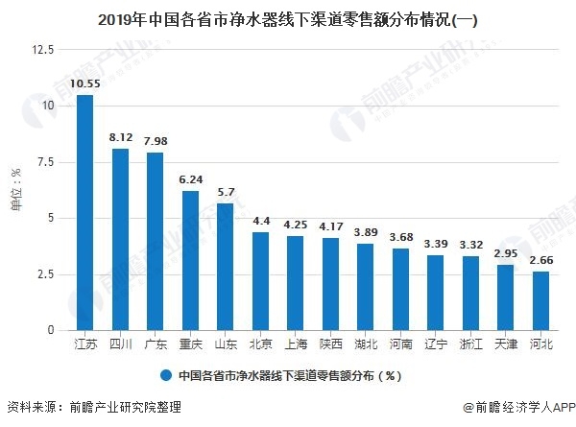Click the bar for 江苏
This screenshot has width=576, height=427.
click(x=84, y=212)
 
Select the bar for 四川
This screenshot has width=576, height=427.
click(x=120, y=239)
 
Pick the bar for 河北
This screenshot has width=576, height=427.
click(x=541, y=300)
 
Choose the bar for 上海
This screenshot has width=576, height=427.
click(x=296, y=283)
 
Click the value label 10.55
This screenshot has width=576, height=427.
click(x=84, y=84)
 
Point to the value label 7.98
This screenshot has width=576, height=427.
click(x=156, y=142)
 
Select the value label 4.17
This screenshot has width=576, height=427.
click(x=331, y=226)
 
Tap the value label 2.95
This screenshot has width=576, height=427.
click(x=506, y=253)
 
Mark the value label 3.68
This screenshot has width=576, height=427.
click(x=401, y=237)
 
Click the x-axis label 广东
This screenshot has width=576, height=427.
click(x=156, y=343)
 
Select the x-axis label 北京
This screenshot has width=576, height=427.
click(x=260, y=343)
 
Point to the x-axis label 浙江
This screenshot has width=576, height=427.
click(x=471, y=343)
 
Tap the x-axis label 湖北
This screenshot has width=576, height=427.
click(x=366, y=343)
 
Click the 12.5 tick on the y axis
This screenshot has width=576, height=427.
click(x=42, y=48)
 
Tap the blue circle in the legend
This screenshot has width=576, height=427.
click(x=166, y=376)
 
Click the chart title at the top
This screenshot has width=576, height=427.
click(x=288, y=18)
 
